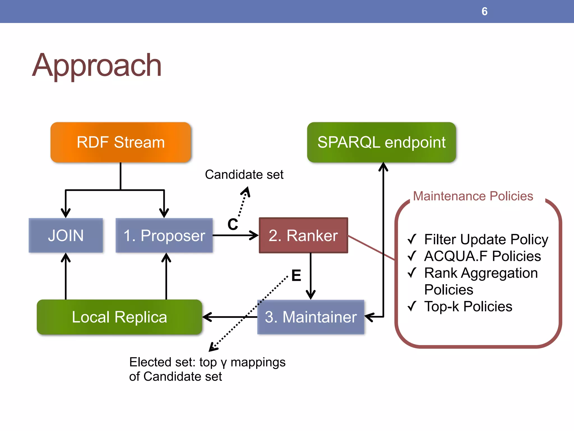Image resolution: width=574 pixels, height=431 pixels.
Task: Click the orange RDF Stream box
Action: [121, 142]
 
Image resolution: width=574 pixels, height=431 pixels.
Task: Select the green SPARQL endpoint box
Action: [381, 142]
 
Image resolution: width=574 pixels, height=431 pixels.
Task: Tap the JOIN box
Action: [66, 235]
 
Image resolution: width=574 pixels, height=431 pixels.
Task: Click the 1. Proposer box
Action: [164, 235]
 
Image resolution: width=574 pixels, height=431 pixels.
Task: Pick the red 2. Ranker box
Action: [303, 235]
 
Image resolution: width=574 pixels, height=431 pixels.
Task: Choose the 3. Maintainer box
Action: [311, 317]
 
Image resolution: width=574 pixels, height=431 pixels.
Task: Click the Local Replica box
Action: [119, 317]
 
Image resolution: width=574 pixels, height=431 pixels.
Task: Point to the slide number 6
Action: [484, 12]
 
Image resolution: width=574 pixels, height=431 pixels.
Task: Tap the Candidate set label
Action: [244, 175]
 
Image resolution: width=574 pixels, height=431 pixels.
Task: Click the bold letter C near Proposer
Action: [233, 224]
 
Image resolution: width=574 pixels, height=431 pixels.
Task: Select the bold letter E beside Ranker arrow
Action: [296, 276]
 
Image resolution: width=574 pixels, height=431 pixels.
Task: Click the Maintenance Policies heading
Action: [473, 196]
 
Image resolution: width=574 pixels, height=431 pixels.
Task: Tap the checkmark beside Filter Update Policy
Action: [412, 239]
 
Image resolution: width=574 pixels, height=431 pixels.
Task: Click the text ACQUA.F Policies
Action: [482, 256]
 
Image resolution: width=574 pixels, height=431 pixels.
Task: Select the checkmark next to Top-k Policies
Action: [412, 306]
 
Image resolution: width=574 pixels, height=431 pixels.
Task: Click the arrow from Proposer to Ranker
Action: [235, 235]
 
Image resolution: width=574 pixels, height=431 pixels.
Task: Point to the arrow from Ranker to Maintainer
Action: [311, 276]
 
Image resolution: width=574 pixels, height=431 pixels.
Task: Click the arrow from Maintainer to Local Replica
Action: [230, 317]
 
